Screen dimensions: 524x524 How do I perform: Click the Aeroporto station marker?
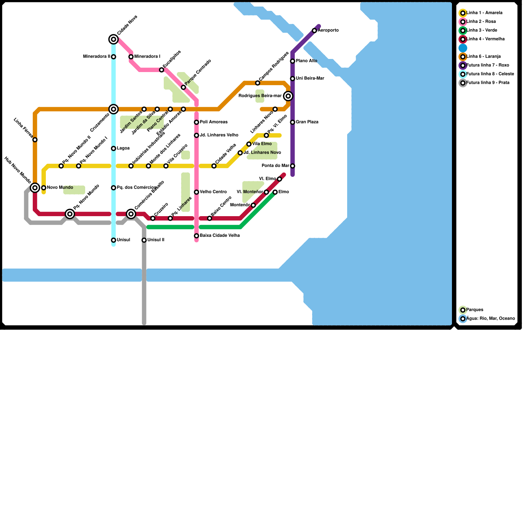pos(314,31)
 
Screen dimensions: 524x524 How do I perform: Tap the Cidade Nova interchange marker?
pos(113,40)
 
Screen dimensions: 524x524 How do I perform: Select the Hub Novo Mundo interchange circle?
pos(35,188)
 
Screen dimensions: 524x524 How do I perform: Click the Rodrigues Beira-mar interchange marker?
pos(288,96)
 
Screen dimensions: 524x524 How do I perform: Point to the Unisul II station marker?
pos(144,240)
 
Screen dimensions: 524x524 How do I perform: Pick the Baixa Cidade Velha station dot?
pos(196,236)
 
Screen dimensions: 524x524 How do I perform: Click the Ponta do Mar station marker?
pos(292,166)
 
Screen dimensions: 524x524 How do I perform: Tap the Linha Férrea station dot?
pos(35,140)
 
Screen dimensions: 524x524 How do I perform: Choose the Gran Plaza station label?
pos(307,122)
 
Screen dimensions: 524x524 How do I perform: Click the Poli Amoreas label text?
pos(214,122)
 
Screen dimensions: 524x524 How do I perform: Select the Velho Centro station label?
pos(213,192)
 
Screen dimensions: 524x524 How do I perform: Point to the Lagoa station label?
pos(123,148)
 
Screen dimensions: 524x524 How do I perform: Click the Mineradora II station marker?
pos(113,57)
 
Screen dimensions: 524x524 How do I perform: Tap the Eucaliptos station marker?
pos(161,70)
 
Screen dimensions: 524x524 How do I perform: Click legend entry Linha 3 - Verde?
pos(481,30)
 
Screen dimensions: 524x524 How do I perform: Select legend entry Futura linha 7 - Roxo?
pos(488,65)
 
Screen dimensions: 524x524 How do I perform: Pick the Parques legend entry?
pos(475,310)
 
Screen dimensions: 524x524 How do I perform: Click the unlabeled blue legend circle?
pos(463,48)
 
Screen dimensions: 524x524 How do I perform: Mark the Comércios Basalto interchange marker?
pos(131,214)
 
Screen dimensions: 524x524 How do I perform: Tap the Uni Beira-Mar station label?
pos(310,79)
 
